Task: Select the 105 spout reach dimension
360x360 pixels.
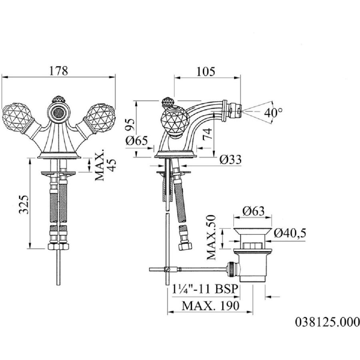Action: tap(206, 72)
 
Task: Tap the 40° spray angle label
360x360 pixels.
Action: tap(273, 112)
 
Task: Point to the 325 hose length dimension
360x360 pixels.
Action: tap(24, 204)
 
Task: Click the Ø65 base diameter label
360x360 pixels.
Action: tap(137, 140)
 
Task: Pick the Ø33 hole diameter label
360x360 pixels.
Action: tap(230, 159)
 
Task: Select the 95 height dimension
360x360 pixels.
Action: tap(130, 125)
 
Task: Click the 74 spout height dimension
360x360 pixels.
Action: tap(207, 134)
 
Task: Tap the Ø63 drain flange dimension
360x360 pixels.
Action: tap(253, 211)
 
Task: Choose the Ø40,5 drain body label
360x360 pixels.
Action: tap(290, 233)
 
